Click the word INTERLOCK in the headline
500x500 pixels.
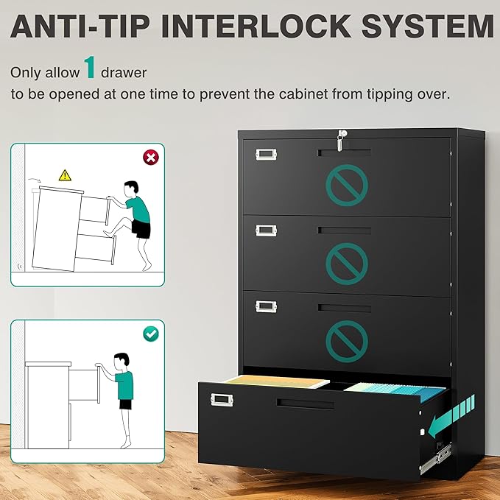click(257, 26)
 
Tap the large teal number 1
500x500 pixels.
click(90, 67)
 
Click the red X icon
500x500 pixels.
click(151, 158)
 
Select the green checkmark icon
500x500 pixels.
click(151, 334)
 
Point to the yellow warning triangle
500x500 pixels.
click(65, 175)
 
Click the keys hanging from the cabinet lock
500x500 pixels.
click(341, 141)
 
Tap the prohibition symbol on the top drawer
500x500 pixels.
click(347, 185)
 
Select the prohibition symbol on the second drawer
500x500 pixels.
click(347, 264)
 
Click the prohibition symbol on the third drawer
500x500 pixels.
click(347, 341)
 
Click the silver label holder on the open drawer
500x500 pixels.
click(222, 400)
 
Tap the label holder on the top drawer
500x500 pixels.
click(266, 155)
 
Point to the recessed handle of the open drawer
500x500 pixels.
click(305, 404)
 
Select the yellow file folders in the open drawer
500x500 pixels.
click(277, 381)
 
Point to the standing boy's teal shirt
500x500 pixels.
click(124, 385)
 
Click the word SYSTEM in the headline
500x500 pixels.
click(427, 26)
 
